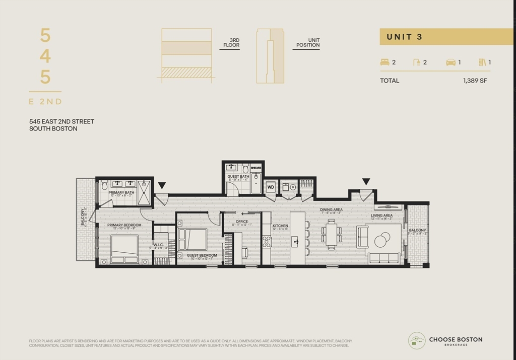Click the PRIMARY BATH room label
point(121,193)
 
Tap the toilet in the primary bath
point(104,185)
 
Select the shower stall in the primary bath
point(144,192)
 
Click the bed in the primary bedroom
point(124,249)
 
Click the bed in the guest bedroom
point(192,239)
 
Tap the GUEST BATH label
point(238,177)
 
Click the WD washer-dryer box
point(271,187)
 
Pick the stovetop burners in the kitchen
point(267,242)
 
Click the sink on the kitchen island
point(295,242)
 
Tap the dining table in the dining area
point(331,234)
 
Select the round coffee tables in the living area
point(383,238)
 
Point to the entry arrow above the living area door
point(366,181)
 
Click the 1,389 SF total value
point(475,81)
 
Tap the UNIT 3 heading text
point(404,37)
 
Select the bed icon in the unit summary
point(384,62)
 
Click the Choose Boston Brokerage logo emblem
point(417,340)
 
